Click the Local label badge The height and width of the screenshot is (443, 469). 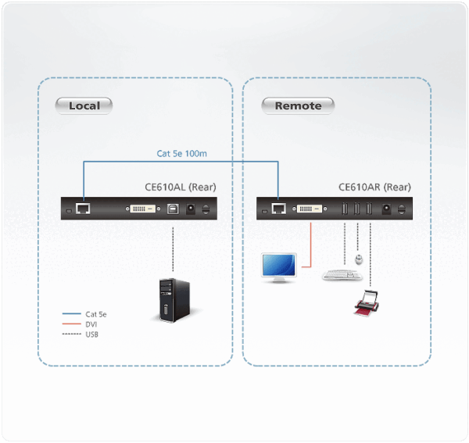[84, 105]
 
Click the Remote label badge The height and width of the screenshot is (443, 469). [298, 105]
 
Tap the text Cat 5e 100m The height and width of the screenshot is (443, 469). [181, 154]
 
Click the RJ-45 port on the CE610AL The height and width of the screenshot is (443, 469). [83, 209]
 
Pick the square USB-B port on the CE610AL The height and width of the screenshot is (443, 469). [171, 209]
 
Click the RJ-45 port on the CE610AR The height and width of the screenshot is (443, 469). [278, 209]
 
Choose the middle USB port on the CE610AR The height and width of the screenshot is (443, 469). [357, 209]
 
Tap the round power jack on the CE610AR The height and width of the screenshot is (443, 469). [385, 209]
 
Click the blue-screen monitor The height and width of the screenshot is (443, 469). [278, 266]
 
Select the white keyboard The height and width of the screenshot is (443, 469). [342, 274]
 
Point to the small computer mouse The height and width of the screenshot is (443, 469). [358, 257]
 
